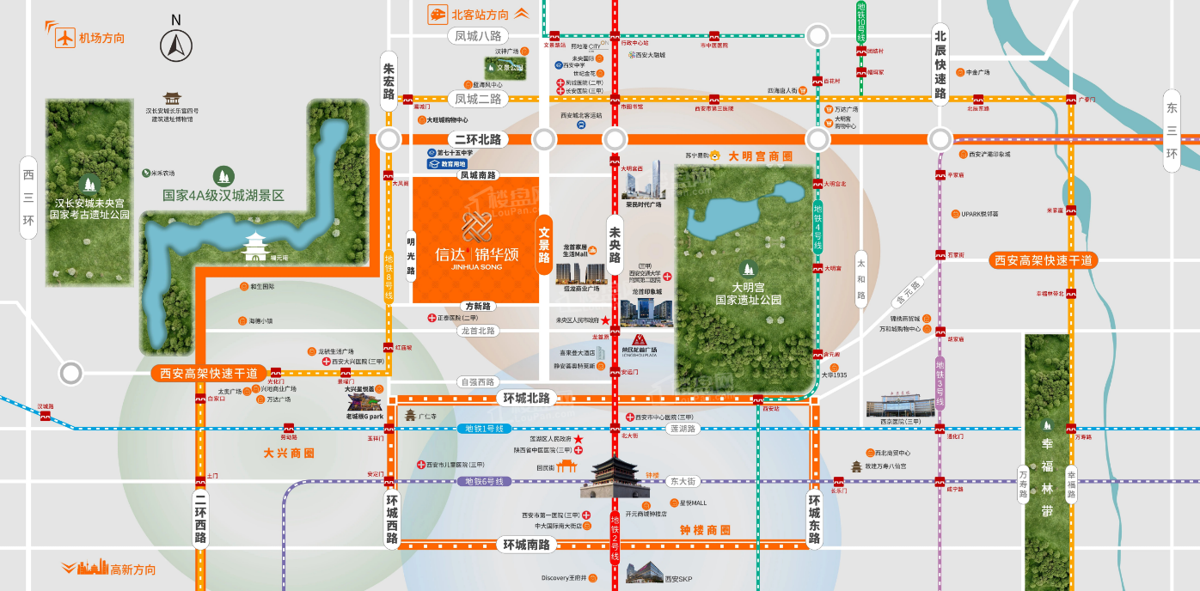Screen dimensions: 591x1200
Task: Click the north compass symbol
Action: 176,45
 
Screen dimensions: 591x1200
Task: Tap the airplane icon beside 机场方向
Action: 64,37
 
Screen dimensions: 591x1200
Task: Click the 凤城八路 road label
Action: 478,35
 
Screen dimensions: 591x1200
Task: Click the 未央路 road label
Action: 614,245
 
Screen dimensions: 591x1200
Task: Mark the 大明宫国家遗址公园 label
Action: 749,293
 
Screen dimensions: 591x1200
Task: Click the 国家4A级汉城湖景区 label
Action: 223,195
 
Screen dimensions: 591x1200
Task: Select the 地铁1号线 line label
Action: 483,429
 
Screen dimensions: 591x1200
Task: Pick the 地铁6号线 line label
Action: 483,481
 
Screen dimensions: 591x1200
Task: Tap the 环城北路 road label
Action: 527,399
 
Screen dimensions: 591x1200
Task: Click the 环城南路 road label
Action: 527,544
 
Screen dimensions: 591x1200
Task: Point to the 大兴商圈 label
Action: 288,452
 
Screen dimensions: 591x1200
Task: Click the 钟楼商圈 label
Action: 704,529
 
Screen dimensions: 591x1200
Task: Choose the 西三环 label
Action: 28,198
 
